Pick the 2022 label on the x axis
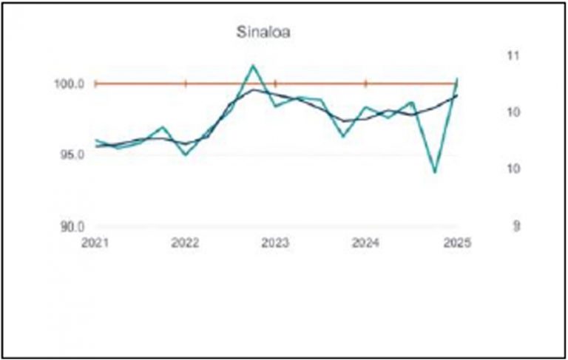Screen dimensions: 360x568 185,242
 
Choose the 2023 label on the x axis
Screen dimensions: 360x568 275,242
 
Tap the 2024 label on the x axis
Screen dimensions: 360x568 365,242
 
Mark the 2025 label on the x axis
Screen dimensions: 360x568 456,242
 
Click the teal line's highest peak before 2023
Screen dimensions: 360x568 253,65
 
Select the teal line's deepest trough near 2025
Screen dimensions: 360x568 435,172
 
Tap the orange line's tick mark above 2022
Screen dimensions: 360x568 185,84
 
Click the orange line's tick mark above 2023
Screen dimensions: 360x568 275,84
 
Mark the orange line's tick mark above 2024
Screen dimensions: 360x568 365,84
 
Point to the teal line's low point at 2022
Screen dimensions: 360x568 185,154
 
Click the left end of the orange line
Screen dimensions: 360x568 95,84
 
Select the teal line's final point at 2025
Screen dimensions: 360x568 457,78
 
